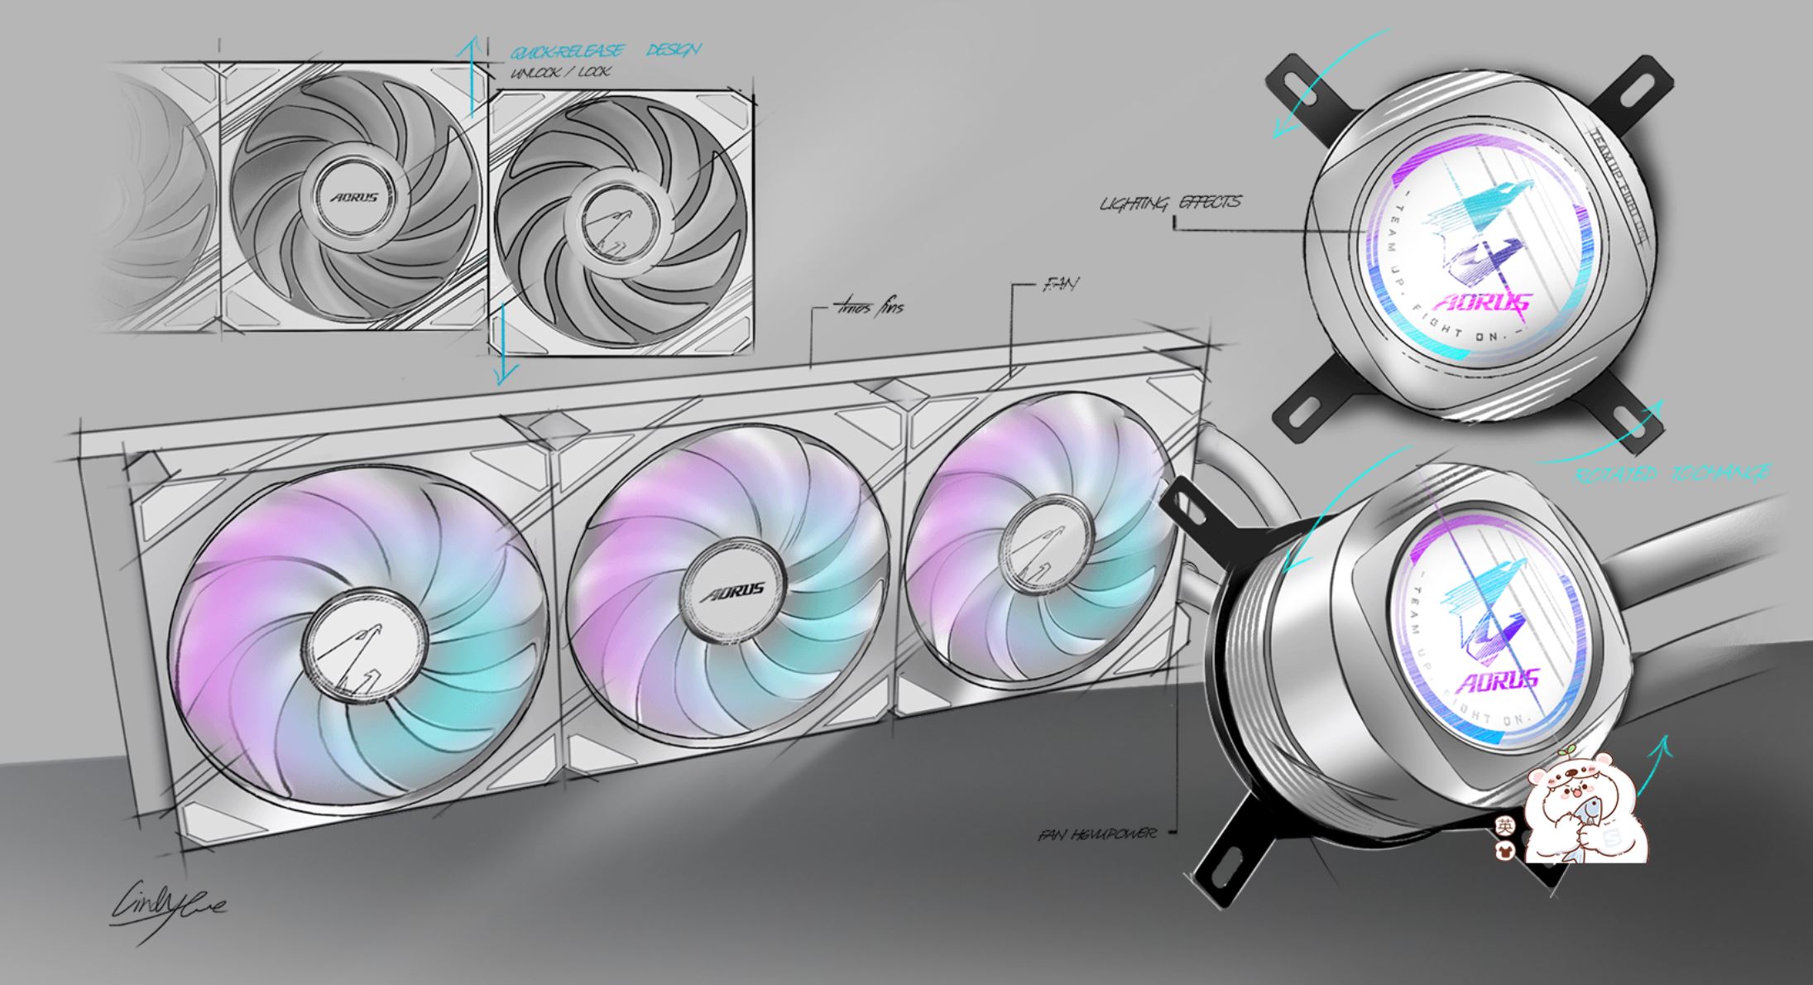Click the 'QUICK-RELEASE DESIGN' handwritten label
click(605, 51)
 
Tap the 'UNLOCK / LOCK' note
click(560, 73)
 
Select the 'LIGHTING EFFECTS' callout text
click(1170, 202)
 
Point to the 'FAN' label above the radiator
click(1061, 286)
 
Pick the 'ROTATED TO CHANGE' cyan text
click(1672, 474)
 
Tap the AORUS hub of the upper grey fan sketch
click(354, 197)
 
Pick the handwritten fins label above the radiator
click(868, 308)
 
